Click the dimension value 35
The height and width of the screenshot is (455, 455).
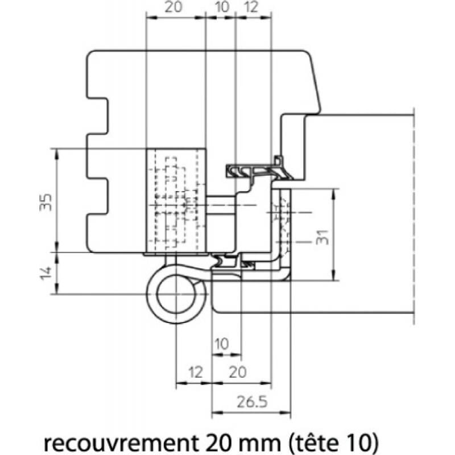pos(46,202)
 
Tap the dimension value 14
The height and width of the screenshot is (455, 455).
pos(46,273)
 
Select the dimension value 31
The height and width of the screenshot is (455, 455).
pos(322,237)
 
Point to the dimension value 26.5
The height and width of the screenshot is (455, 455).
pos(251,402)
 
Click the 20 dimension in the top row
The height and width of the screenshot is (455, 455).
pos(173,7)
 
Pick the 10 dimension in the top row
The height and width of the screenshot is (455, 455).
pos(222,7)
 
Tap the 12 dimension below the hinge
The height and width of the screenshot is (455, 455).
pos(195,373)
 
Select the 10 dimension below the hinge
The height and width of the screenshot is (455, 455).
pos(222,344)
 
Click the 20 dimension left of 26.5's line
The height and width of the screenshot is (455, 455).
pos(238,373)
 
